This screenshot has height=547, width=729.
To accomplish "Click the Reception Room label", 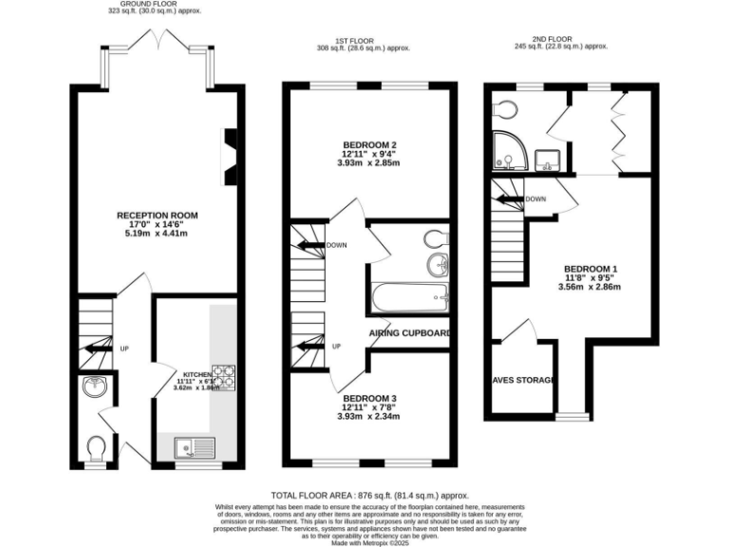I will tap(157, 216).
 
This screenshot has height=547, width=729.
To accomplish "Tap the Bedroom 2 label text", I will tap(368, 144).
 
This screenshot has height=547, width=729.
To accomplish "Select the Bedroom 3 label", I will tap(368, 398).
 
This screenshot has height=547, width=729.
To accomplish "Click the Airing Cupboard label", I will tap(408, 333).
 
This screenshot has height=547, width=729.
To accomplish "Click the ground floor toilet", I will tap(95, 446).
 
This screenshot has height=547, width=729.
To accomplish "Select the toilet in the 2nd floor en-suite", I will tap(503, 104).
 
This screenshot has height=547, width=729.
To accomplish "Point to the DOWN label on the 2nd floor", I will tap(534, 199).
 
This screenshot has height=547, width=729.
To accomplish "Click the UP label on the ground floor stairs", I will tap(123, 349).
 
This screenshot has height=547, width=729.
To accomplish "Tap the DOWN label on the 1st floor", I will tap(336, 244).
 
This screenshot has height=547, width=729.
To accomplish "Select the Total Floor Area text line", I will tap(370, 496).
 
